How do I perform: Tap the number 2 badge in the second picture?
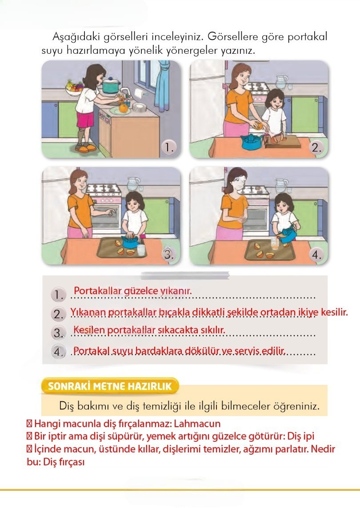tap(316, 148)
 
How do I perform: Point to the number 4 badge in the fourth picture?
tap(316, 255)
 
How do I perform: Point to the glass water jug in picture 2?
tap(281, 82)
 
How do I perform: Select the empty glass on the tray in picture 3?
tap(141, 250)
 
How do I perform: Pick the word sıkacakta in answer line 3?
tap(177, 330)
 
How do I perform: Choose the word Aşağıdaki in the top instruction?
tap(73, 36)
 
